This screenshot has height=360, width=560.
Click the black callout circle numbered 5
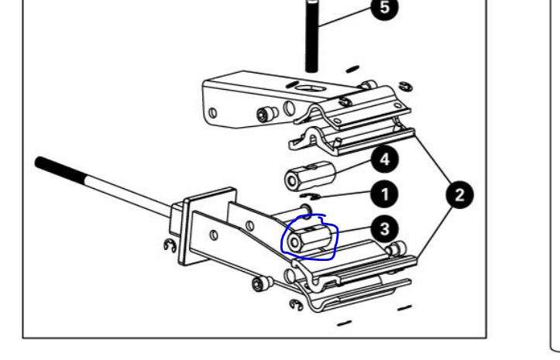pyautogui.click(x=384, y=7)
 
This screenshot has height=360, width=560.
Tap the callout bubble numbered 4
pyautogui.click(x=385, y=159)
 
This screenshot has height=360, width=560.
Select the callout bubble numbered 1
pyautogui.click(x=385, y=195)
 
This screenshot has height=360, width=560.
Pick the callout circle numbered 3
pyautogui.click(x=385, y=229)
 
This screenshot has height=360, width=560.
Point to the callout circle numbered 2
pyautogui.click(x=460, y=195)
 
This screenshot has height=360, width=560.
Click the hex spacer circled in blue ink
pyautogui.click(x=309, y=238)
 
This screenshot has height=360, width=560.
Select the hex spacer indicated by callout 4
pyautogui.click(x=310, y=176)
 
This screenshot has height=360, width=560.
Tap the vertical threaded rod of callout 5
pyautogui.click(x=312, y=36)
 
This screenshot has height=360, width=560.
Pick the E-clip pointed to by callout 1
pyautogui.click(x=310, y=196)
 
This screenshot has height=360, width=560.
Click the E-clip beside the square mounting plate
pyautogui.click(x=170, y=245)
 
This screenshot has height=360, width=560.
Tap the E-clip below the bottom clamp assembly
pyautogui.click(x=296, y=304)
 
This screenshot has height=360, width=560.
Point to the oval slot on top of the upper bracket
pyautogui.click(x=308, y=87)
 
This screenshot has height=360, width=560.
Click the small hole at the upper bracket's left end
pyautogui.click(x=212, y=113)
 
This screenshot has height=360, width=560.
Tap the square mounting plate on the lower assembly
pyautogui.click(x=207, y=226)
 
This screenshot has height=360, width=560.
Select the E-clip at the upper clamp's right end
pyautogui.click(x=406, y=87)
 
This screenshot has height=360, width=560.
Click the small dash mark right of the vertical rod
pyautogui.click(x=352, y=69)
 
